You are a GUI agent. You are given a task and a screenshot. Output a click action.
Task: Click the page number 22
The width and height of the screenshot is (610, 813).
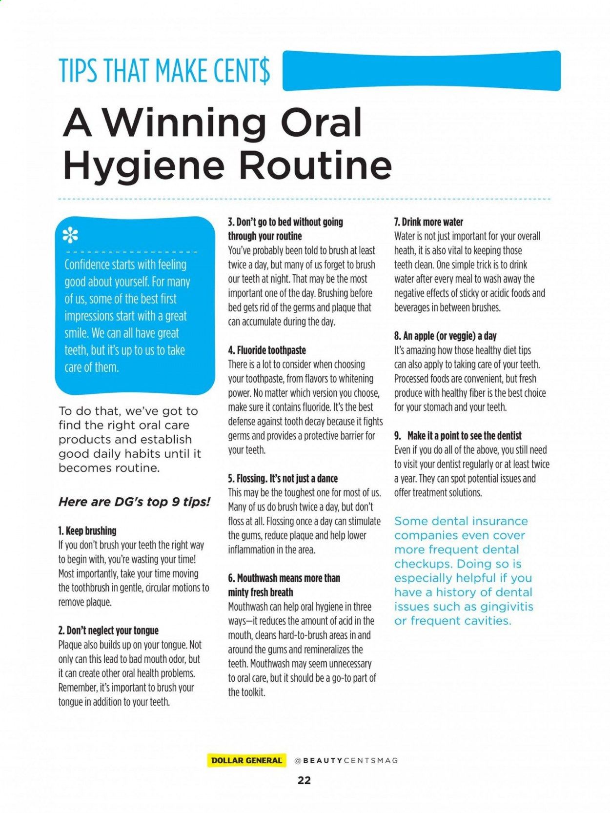304,780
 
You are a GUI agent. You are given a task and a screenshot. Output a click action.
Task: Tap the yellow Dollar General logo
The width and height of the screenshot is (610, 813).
246,760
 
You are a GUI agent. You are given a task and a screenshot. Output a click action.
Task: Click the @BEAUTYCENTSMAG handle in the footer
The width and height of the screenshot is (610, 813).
346,760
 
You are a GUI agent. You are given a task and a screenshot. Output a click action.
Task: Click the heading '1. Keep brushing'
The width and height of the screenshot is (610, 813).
87,531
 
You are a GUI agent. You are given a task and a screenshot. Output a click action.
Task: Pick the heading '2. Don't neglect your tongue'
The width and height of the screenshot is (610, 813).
108,630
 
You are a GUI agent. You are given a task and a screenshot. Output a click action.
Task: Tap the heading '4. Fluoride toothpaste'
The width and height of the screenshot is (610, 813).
267,350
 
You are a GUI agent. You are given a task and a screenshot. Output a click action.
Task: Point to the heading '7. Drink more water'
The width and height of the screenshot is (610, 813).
428,222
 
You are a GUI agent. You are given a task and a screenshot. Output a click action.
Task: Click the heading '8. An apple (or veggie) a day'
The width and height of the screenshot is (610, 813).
445,336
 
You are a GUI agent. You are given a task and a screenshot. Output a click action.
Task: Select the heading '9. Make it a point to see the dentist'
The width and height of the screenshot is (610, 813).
458,436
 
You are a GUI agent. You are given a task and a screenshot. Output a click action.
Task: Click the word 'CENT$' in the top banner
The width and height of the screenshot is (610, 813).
241,71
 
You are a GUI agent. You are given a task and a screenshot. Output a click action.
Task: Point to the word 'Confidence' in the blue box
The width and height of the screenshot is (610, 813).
87,265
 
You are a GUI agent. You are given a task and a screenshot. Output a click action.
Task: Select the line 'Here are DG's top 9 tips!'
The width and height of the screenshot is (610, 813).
134,502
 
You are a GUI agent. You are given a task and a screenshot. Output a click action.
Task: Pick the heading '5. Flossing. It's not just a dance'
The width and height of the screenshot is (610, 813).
283,479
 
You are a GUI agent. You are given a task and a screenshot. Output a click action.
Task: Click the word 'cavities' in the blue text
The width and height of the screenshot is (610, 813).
486,621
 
